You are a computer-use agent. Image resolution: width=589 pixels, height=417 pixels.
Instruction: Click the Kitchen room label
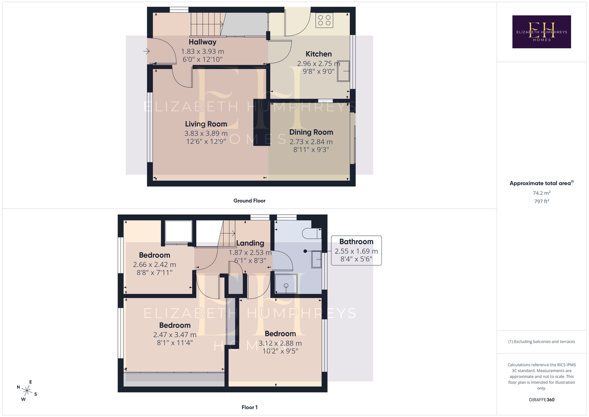pos(318,54)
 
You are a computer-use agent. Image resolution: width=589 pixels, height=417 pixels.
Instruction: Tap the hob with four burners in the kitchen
pos(324,20)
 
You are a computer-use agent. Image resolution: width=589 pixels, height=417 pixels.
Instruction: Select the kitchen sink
pos(343,71)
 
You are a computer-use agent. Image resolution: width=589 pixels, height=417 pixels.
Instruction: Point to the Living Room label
pos(206,124)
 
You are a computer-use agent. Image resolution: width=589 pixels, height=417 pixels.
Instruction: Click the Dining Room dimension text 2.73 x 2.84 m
pos(311,142)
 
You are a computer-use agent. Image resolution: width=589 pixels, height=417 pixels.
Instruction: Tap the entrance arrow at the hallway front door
pos(146,51)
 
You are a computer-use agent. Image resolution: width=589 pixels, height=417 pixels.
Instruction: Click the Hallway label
pos(203,42)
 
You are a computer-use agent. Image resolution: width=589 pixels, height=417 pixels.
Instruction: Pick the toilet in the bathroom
pos(312,233)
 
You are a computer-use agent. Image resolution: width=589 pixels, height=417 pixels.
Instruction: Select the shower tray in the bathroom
pos(286,284)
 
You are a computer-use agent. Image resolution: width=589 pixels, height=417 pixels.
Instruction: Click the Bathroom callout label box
pos(356,251)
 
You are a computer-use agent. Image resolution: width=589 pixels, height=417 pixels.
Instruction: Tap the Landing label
pos(250,243)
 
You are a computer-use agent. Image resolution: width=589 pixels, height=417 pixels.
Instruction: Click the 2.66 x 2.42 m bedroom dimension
pos(154,264)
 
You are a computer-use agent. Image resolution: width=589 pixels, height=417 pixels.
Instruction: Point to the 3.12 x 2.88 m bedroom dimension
pos(280,343)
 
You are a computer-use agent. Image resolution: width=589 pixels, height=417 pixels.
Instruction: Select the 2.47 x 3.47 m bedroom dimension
pos(175,335)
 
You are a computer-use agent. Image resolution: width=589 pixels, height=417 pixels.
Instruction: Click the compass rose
pos(27,391)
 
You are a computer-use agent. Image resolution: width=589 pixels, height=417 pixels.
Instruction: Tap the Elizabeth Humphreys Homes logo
pos(541,32)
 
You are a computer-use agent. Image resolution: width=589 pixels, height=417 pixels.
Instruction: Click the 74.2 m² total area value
pos(541,193)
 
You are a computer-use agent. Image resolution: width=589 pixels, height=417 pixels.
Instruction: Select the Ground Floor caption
pos(249,201)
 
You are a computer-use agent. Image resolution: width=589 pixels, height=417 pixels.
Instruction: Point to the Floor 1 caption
pos(250,407)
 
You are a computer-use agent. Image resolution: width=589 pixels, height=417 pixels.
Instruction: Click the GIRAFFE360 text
pos(541,399)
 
